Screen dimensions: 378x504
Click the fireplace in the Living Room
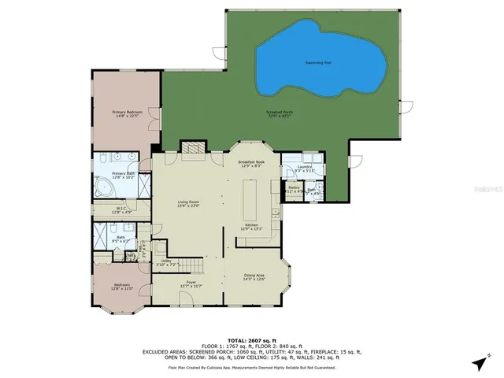[x=191, y=147]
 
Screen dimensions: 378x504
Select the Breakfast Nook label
[x=251, y=161]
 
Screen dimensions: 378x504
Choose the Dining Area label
[x=254, y=275]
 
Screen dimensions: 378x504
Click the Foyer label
[x=191, y=281]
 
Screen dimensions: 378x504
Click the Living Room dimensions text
[x=188, y=206]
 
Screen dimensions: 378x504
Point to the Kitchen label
[x=251, y=224]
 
